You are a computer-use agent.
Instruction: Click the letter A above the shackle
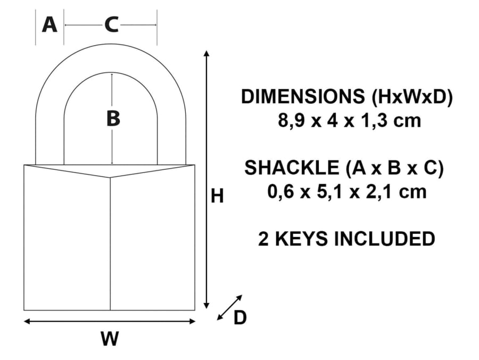point(49,24)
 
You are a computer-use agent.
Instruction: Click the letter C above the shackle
point(111,24)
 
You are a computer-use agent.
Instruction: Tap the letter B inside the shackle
point(113,119)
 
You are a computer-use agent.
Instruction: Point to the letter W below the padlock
point(110,339)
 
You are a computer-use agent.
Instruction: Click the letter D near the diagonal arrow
point(241,318)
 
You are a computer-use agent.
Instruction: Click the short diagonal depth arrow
point(230,308)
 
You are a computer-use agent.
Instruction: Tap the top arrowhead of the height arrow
point(207,54)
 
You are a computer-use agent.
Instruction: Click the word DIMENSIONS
point(301,97)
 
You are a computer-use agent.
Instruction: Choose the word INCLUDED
point(384,239)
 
